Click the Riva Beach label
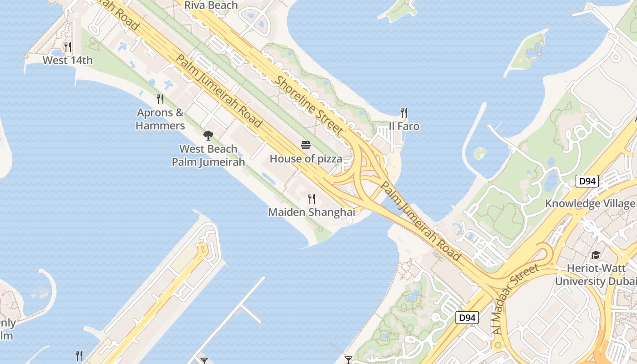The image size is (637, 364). [211, 5]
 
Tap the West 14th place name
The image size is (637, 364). [67, 60]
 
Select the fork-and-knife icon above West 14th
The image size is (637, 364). [68, 46]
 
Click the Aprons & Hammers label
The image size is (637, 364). [161, 119]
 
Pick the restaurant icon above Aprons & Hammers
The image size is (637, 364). [160, 99]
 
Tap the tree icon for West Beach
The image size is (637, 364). [208, 135]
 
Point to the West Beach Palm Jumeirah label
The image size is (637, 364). [208, 155]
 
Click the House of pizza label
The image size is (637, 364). [306, 159]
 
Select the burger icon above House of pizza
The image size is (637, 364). [306, 145]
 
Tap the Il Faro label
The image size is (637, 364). [404, 126]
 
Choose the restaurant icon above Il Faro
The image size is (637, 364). [404, 112]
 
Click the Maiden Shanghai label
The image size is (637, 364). [311, 212]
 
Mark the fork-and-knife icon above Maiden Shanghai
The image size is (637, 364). [312, 198]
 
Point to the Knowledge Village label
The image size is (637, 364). [590, 203]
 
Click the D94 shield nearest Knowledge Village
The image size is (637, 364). [587, 182]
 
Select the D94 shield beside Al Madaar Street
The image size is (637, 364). [467, 317]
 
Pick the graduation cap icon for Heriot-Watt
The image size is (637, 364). [596, 255]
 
